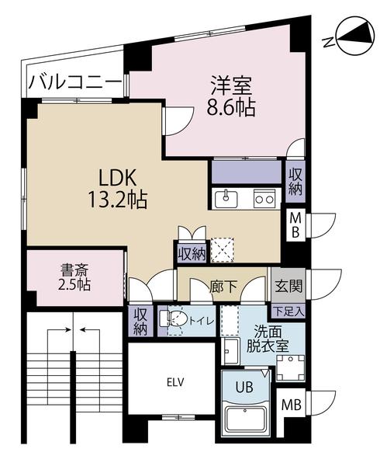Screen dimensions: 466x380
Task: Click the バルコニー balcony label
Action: pyautogui.click(x=75, y=82)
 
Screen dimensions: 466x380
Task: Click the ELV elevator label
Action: pyautogui.click(x=172, y=381)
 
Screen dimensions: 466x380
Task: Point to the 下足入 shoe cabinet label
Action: pyautogui.click(x=292, y=311)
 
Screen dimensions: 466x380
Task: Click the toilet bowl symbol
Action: pyautogui.click(x=175, y=319)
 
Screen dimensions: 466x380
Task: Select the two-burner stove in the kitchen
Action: pyautogui.click(x=264, y=198)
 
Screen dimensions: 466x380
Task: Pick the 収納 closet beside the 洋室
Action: pyautogui.click(x=296, y=179)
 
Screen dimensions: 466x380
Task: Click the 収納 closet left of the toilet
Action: pyautogui.click(x=140, y=320)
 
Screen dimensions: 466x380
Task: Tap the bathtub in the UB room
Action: pyautogui.click(x=245, y=419)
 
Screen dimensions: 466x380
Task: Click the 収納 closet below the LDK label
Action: pyautogui.click(x=191, y=252)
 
